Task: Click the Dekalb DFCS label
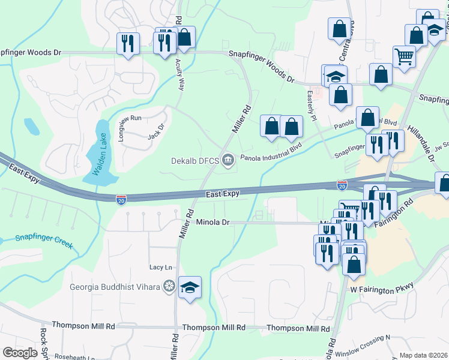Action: (196, 160)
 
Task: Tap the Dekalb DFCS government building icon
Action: (228, 160)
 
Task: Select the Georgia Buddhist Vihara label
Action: (115, 286)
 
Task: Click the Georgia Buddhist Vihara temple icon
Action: (169, 286)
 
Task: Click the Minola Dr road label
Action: (213, 222)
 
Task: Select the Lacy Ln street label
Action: (161, 267)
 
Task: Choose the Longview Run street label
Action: (129, 127)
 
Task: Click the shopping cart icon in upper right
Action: (404, 56)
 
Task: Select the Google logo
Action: (20, 353)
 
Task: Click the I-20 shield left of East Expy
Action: (121, 197)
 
